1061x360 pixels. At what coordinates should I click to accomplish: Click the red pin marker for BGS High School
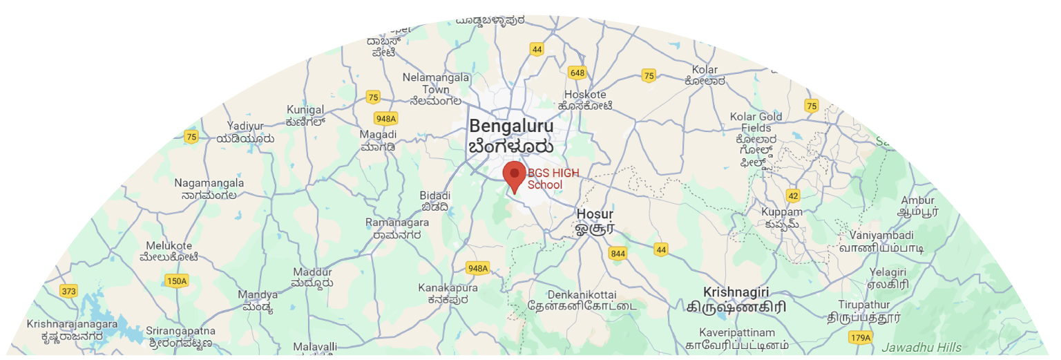pyautogui.click(x=514, y=175)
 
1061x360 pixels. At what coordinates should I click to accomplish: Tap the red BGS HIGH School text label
pyautogui.click(x=553, y=179)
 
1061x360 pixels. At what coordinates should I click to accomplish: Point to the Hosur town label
pyautogui.click(x=595, y=214)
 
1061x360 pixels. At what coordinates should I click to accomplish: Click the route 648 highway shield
pyautogui.click(x=577, y=73)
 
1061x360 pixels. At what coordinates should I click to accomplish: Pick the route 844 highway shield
pyautogui.click(x=618, y=254)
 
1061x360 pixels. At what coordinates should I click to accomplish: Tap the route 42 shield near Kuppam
pyautogui.click(x=792, y=196)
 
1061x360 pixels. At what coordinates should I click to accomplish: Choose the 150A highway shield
pyautogui.click(x=177, y=281)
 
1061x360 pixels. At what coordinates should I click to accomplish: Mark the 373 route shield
pyautogui.click(x=69, y=291)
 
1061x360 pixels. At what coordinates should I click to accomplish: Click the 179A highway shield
pyautogui.click(x=861, y=337)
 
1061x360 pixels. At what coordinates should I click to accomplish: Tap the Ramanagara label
pyautogui.click(x=397, y=222)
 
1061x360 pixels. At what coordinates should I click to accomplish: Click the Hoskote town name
pyautogui.click(x=585, y=95)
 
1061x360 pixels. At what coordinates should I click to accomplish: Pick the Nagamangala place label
pyautogui.click(x=209, y=183)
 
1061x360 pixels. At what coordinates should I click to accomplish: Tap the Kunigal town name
pyautogui.click(x=305, y=110)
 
